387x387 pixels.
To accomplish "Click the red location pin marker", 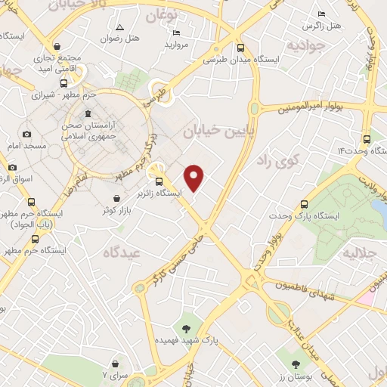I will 195,178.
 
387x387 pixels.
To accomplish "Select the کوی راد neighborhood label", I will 277,159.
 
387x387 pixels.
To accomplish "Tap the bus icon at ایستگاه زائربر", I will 159,181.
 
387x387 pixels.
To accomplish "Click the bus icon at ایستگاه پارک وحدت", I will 304,204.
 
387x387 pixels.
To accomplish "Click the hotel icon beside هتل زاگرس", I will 322,14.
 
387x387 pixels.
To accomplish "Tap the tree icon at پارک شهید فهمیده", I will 186,328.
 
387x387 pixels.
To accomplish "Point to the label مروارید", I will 177,45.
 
